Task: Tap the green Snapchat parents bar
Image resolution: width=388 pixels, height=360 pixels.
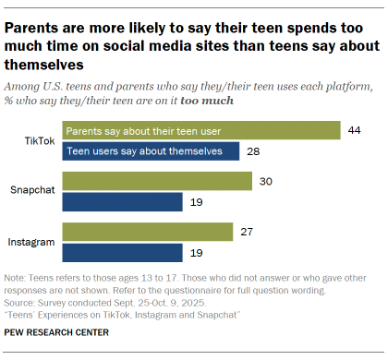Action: coord(156,182)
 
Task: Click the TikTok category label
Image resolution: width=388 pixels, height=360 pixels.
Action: coord(40,140)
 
